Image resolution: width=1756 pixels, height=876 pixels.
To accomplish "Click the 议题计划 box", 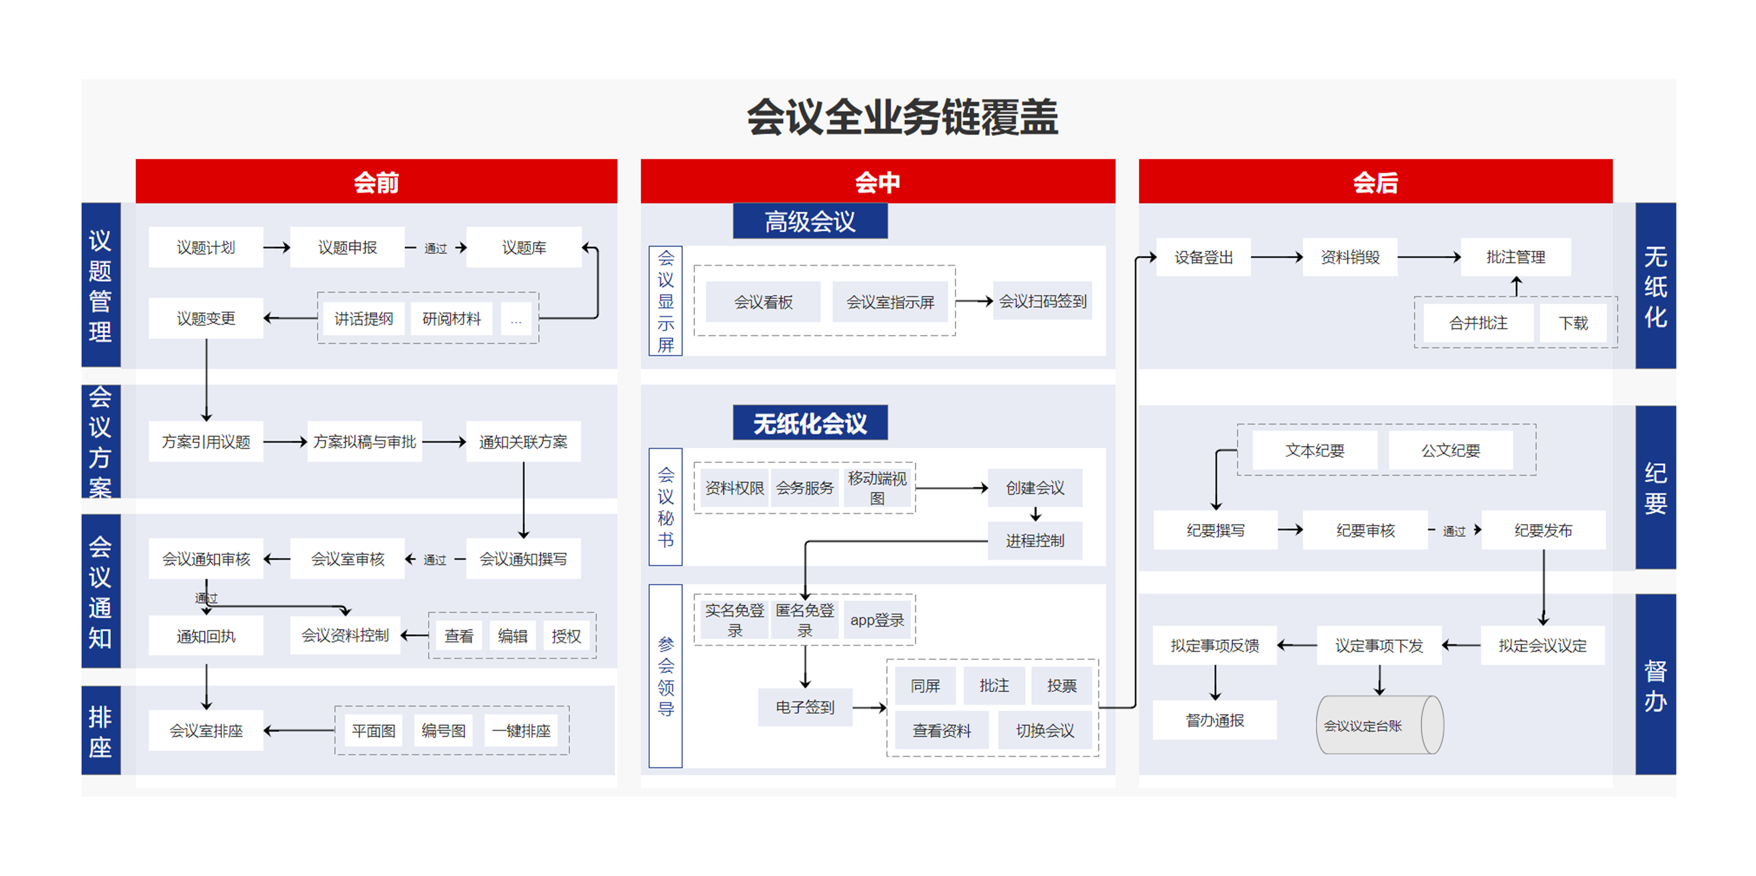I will click(205, 248).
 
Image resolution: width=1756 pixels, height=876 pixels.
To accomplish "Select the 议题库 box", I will click(523, 248).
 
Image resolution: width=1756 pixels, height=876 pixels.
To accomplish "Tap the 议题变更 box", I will click(205, 318).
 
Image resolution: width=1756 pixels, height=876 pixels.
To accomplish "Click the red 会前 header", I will click(376, 182).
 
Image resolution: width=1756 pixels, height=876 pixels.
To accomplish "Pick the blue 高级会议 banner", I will click(810, 222).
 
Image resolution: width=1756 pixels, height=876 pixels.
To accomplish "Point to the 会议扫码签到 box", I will click(1042, 301).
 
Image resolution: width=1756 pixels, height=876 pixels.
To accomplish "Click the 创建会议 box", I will click(1035, 488).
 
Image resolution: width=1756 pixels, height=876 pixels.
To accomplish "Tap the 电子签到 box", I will click(805, 707).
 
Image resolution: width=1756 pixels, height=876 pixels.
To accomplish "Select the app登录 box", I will click(877, 620).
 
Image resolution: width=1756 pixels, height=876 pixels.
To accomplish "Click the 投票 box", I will click(1062, 686).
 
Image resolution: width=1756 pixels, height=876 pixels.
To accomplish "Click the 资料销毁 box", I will click(1350, 257).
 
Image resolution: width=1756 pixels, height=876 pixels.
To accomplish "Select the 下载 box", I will click(1573, 323).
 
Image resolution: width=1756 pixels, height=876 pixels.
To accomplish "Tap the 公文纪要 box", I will click(1451, 450).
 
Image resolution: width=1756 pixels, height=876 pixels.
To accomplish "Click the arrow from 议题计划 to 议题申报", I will click(277, 248).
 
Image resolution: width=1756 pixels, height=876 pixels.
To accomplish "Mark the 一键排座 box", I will click(521, 731).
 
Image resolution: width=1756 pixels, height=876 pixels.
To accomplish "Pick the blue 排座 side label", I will click(100, 731).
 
